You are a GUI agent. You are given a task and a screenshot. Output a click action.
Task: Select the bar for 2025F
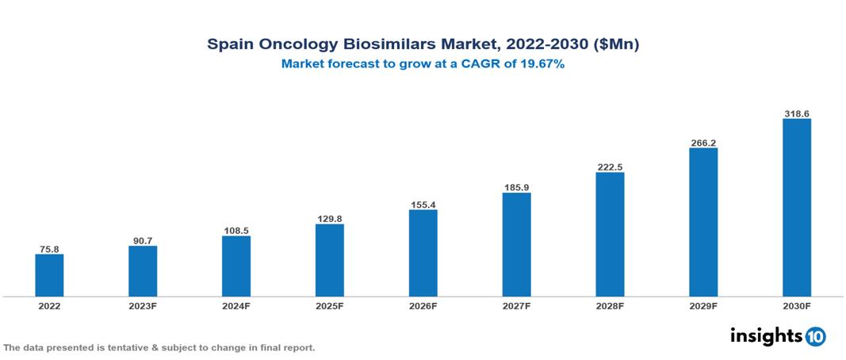(329, 260)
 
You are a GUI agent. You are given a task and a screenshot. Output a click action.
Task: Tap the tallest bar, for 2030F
(796, 208)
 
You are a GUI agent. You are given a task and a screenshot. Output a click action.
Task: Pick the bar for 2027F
(516, 244)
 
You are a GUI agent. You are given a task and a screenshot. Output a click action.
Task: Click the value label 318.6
(796, 114)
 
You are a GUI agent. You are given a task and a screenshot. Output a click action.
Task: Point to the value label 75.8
(49, 249)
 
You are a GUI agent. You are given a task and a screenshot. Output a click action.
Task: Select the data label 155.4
(423, 205)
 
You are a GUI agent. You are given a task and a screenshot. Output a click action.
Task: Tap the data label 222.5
(610, 167)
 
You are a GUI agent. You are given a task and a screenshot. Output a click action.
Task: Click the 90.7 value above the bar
(143, 241)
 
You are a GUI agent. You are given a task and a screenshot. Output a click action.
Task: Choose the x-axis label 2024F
(236, 306)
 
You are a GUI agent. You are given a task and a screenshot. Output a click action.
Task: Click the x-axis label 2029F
(703, 306)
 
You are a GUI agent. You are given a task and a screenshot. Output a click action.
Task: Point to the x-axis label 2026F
(423, 306)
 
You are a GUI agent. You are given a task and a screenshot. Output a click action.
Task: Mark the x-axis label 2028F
(610, 306)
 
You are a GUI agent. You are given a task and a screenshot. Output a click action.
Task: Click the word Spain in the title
(227, 45)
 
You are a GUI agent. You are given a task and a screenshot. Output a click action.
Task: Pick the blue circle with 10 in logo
(815, 336)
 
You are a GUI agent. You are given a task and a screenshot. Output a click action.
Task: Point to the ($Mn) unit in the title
(616, 45)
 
